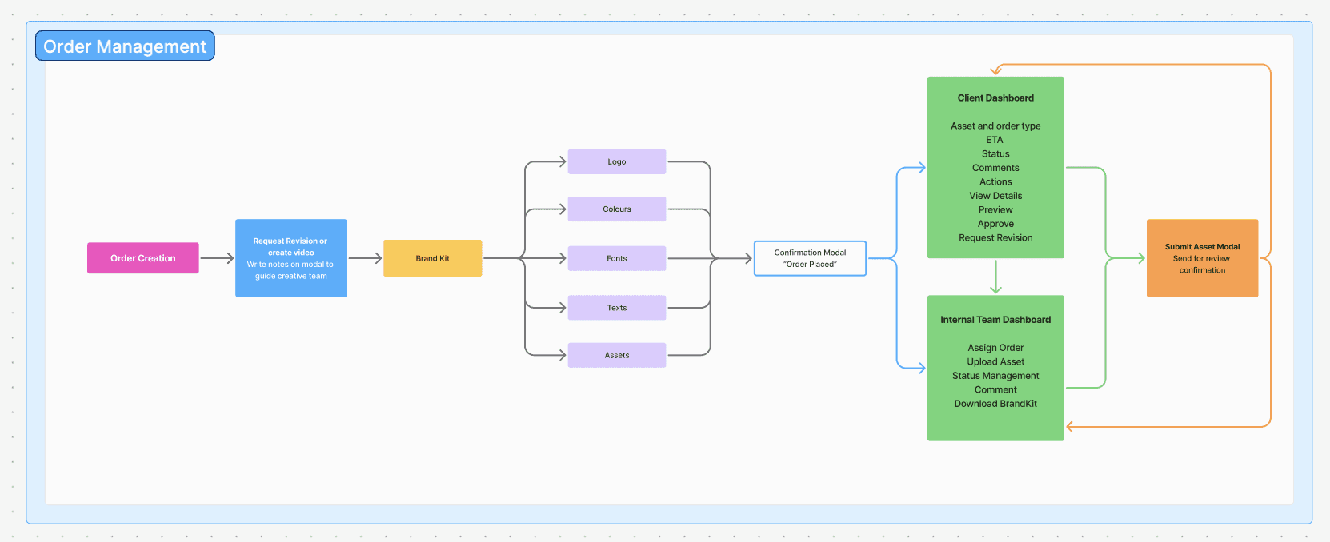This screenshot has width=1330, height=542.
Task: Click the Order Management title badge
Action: pos(125,46)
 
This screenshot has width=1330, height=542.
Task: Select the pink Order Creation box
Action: pos(143,258)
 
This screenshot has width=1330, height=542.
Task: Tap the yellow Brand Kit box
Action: pos(433,258)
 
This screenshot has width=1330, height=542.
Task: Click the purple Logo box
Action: pos(617,161)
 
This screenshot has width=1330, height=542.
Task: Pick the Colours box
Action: pos(617,209)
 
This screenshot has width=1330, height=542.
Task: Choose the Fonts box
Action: pos(617,258)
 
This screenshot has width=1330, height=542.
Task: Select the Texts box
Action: pos(617,307)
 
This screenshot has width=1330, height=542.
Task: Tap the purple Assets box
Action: pos(617,355)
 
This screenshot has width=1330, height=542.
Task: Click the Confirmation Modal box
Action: pos(810,258)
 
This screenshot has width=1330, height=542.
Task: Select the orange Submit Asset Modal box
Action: pos(1202,258)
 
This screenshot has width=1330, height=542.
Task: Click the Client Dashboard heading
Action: pos(995,98)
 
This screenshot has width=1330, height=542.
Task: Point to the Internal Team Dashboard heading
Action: pos(995,320)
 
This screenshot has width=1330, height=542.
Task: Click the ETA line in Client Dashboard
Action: pos(995,140)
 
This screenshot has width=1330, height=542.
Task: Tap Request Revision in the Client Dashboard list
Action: pos(995,237)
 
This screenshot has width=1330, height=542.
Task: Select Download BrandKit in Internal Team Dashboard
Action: pos(995,403)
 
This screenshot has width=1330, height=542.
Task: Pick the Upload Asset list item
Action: pos(995,361)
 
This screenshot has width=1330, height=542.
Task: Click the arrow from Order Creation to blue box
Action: pos(218,258)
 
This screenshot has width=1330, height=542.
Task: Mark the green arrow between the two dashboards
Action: pos(995,277)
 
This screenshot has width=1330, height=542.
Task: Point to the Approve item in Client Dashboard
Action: pos(995,224)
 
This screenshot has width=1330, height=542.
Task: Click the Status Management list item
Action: pos(995,376)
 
